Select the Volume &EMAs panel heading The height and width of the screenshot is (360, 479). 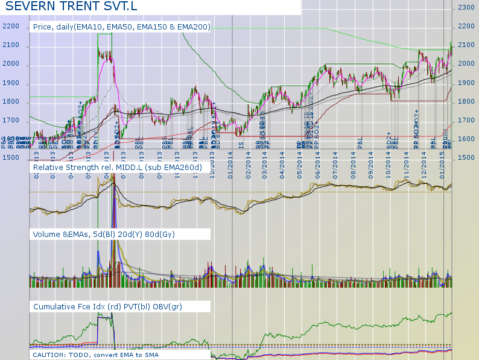(104, 233)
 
